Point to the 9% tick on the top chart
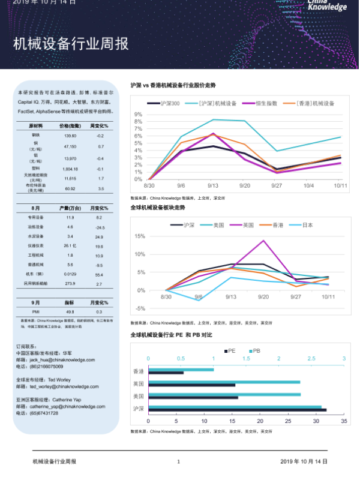pos(139,114)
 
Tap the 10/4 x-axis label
pos(308,186)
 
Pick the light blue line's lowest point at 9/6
pos(199,299)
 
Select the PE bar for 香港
pos(166,373)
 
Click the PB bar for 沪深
pos(235,407)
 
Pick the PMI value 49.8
pos(70,312)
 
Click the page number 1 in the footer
pos(178,461)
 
